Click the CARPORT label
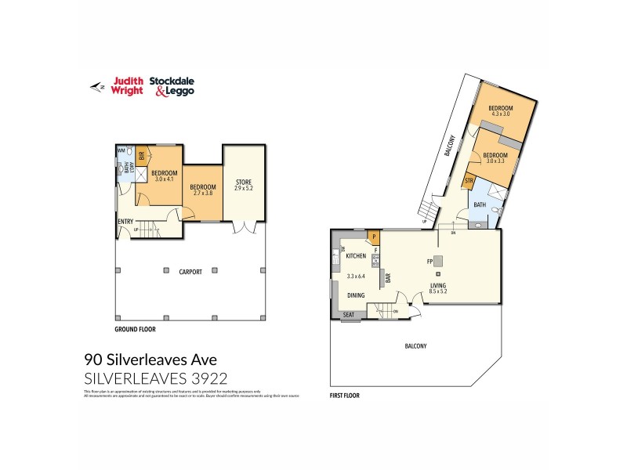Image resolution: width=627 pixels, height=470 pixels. tap(190, 272)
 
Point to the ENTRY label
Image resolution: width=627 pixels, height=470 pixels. tap(125, 222)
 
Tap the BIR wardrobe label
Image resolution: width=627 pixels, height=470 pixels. tap(142, 155)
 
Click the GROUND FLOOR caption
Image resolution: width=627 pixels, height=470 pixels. tap(138, 330)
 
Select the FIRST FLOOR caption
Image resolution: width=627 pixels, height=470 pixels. tap(345, 396)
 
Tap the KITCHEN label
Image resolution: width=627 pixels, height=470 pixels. tap(357, 256)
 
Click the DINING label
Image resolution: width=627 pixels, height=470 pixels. tap(357, 295)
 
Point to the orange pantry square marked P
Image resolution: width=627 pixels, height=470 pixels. tap(375, 236)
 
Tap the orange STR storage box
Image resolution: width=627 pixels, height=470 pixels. tap(469, 182)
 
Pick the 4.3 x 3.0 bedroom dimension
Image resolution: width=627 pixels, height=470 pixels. tap(501, 114)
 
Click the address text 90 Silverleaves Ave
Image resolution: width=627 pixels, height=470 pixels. tap(150, 360)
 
